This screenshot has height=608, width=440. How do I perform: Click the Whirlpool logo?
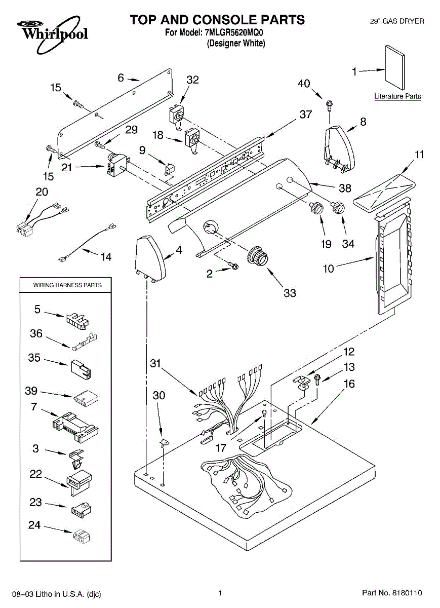click(52, 34)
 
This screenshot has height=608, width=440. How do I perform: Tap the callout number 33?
click(290, 293)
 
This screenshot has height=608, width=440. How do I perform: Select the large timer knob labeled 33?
click(257, 256)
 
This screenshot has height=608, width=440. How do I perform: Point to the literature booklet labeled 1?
click(395, 67)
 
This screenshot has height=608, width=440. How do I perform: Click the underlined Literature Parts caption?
click(397, 96)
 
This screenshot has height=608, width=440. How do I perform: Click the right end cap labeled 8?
click(339, 149)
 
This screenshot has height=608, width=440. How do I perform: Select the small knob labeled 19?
click(316, 208)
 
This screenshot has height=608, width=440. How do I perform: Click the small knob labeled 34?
click(338, 208)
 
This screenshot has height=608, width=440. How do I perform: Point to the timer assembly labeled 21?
click(117, 165)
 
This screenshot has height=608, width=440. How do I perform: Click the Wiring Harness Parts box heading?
click(67, 285)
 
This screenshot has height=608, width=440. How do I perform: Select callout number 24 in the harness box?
click(34, 525)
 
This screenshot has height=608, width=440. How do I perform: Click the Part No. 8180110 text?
click(392, 592)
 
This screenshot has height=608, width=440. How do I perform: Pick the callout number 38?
click(345, 188)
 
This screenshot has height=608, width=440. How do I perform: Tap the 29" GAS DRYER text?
click(397, 21)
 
